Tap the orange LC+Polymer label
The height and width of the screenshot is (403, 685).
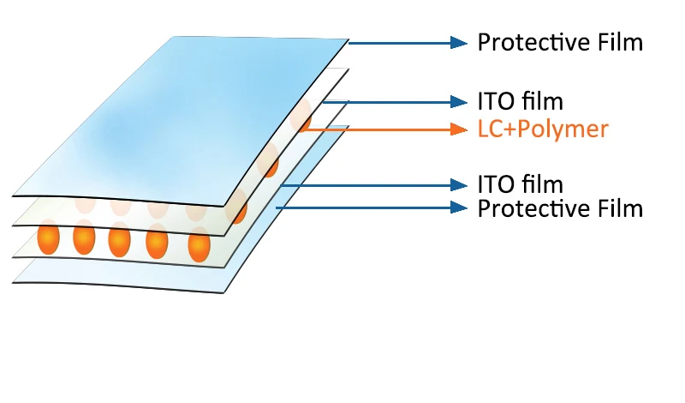(x=543, y=129)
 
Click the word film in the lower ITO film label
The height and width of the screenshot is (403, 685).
(x=543, y=184)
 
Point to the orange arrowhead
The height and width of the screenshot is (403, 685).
(x=459, y=129)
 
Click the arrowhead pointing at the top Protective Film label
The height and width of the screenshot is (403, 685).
(x=459, y=43)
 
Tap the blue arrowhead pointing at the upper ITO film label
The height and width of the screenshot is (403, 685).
(x=459, y=102)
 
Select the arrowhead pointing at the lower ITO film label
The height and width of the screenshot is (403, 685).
(x=459, y=185)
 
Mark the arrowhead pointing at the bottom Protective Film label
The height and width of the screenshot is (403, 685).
(x=459, y=208)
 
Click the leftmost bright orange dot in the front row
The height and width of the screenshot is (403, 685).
(x=48, y=238)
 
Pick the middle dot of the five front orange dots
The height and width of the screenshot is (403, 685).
(x=119, y=241)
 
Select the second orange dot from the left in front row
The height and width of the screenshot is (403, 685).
(x=84, y=238)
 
